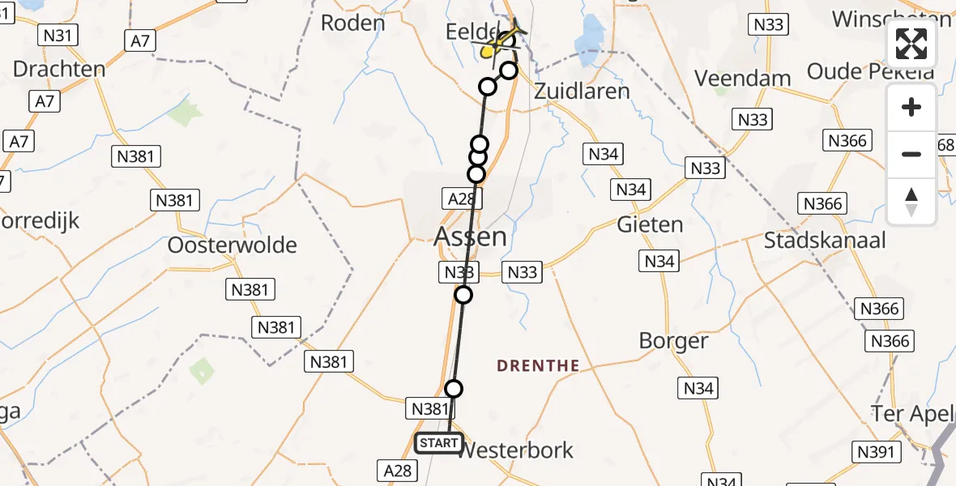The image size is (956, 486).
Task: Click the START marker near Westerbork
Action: (x=438, y=443)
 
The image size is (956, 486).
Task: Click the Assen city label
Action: (x=471, y=237)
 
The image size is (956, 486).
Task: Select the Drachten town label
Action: (x=59, y=69)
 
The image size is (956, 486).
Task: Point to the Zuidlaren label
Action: (x=582, y=91)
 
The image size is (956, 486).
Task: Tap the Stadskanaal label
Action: (x=825, y=241)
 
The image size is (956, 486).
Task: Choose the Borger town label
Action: (x=673, y=341)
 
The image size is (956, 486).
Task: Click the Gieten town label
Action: (x=650, y=224)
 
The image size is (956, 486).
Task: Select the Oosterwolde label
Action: (x=232, y=245)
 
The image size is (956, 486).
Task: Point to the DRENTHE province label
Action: (x=538, y=366)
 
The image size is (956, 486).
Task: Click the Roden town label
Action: (x=352, y=23)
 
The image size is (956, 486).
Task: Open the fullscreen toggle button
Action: (x=911, y=44)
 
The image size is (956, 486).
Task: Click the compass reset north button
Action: (x=911, y=202)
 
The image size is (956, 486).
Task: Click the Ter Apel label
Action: (x=912, y=414)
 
